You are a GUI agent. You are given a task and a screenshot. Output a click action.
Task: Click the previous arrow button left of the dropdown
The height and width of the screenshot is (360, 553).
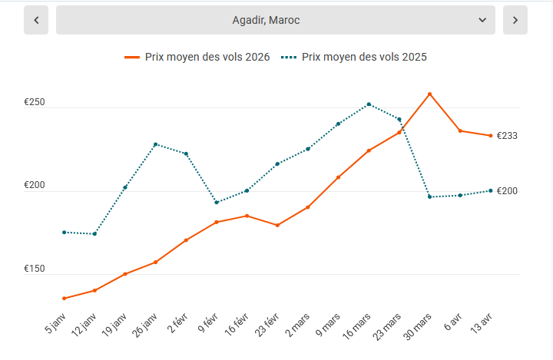click(36, 20)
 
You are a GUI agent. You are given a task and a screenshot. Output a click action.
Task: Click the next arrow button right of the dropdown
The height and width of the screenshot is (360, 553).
click(515, 20)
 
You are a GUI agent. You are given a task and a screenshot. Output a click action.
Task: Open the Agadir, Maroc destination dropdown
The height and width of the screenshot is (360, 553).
click(276, 20)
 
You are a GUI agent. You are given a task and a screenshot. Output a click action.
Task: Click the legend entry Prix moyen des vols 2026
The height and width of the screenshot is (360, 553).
click(197, 57)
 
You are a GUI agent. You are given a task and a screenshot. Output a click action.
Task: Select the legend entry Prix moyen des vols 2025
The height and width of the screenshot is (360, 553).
click(354, 57)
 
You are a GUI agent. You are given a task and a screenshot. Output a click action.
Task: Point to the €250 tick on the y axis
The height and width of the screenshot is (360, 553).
click(35, 103)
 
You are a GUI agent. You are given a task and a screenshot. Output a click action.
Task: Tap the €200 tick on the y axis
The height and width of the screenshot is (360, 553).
click(35, 186)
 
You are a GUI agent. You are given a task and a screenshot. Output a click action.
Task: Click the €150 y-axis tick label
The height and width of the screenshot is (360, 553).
click(35, 269)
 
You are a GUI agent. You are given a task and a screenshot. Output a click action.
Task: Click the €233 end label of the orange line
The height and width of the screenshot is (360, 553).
click(507, 136)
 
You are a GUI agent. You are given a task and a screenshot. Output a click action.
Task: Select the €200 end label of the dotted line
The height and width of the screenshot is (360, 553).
click(507, 191)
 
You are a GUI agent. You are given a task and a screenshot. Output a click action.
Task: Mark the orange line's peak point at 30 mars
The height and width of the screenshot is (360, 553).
click(429, 94)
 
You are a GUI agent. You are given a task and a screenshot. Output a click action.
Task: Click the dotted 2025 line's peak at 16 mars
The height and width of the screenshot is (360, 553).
click(369, 104)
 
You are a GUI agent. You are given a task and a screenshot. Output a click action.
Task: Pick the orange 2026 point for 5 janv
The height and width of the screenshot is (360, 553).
click(64, 299)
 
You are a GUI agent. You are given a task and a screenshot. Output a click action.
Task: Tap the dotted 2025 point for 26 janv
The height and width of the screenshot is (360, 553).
click(155, 144)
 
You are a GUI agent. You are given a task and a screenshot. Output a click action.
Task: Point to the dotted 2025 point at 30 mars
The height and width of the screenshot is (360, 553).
click(429, 197)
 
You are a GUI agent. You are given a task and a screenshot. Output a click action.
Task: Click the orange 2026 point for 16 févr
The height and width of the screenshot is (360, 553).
click(247, 216)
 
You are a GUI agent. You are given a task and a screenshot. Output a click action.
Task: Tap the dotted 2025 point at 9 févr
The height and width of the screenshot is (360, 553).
click(217, 203)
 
